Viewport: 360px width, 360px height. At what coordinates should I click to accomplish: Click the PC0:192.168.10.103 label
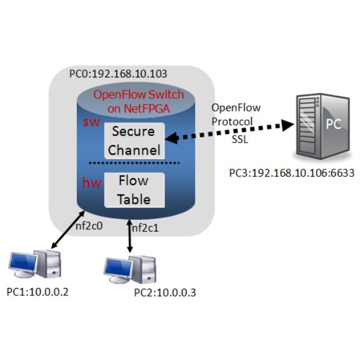tap(118, 75)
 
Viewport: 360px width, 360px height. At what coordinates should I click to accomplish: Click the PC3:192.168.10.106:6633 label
tap(292, 173)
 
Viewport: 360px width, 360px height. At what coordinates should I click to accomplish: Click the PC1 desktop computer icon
tap(35, 265)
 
